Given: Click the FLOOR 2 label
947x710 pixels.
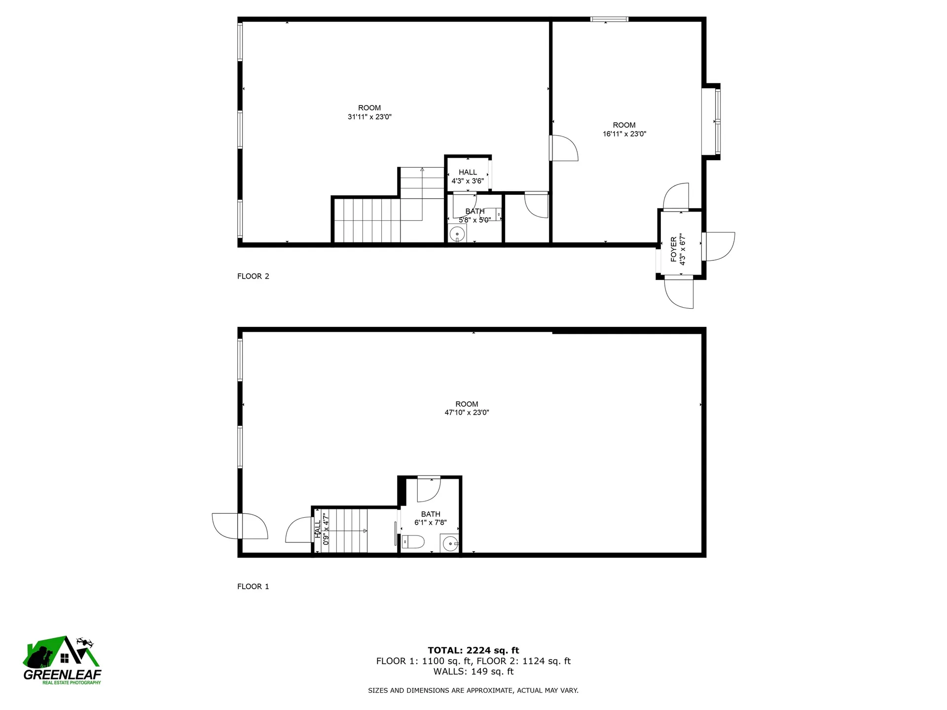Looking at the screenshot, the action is [253, 276].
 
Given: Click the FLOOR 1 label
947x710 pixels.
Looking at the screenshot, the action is [253, 586].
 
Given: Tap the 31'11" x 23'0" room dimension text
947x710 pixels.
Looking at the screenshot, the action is [369, 117].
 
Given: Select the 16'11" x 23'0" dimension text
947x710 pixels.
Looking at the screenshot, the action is [624, 134].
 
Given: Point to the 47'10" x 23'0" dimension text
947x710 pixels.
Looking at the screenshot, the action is [467, 413].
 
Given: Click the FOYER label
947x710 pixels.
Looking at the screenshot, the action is [674, 249].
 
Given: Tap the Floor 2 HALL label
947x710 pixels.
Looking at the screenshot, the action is [468, 172].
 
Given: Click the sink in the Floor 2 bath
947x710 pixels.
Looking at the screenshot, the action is [457, 234].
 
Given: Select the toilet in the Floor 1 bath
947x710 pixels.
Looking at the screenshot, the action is [413, 542].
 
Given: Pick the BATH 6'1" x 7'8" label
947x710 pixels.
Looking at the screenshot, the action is [431, 518].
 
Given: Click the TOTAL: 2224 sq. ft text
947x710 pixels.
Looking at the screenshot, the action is [473, 650].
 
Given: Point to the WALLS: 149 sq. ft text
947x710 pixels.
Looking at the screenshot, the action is [473, 672].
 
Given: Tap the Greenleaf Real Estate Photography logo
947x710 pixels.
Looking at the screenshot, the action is [62, 661].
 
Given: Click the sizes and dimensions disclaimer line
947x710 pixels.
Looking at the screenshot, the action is [473, 691].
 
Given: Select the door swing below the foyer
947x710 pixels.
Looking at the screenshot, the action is [679, 293].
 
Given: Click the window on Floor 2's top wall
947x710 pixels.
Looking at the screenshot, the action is [609, 19].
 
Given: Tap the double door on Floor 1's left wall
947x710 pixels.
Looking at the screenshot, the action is [240, 526].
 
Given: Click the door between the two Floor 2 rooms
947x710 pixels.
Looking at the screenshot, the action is [563, 148].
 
